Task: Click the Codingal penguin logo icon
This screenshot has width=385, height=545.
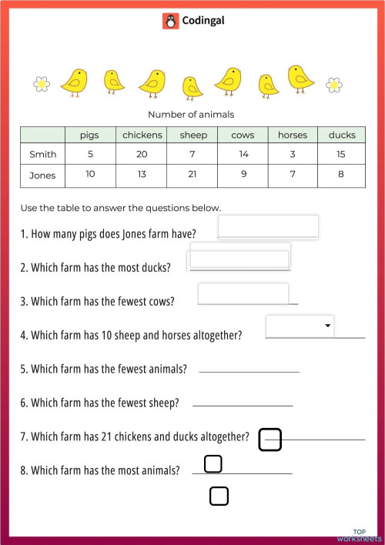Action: [x=170, y=21]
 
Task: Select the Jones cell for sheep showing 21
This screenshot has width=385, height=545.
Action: [x=192, y=175]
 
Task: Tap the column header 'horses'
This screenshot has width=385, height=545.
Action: [x=293, y=135]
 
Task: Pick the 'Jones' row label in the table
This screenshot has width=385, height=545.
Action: [x=43, y=175]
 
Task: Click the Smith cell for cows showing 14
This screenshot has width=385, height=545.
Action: [x=243, y=154]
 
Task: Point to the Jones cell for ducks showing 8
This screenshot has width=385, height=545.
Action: [x=342, y=175]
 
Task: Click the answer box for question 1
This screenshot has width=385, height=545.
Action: [x=268, y=227]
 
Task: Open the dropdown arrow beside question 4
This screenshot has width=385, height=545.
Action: [x=329, y=326]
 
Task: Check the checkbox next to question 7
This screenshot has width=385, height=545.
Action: [x=270, y=440]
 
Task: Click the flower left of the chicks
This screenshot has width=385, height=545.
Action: [x=42, y=82]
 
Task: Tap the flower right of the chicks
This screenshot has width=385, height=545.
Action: [x=334, y=83]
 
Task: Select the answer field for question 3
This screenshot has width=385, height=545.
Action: [x=243, y=293]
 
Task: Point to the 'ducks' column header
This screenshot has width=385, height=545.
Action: [x=342, y=135]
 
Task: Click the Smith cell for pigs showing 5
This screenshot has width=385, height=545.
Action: [x=91, y=154]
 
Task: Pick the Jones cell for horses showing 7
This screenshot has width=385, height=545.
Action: [x=293, y=175]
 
